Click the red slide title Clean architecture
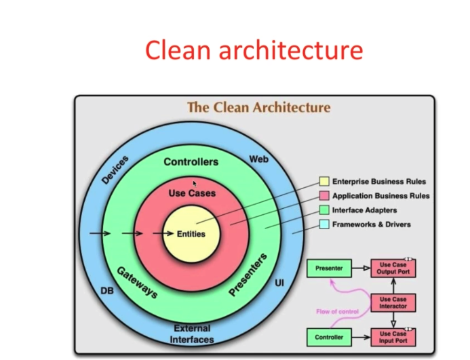click(254, 50)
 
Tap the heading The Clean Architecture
click(258, 107)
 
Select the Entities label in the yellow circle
click(191, 234)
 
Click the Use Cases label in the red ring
click(192, 193)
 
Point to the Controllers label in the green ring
click(191, 162)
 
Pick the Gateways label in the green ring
click(138, 282)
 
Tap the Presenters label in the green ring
click(248, 275)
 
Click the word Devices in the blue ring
click(115, 169)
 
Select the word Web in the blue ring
click(259, 159)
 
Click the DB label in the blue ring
click(107, 290)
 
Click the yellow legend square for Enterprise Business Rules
click(324, 182)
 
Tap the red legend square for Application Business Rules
click(324, 196)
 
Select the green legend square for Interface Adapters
click(324, 210)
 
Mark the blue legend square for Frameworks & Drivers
click(324, 224)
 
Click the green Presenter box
click(330, 268)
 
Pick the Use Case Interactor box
click(393, 302)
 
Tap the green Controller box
click(330, 336)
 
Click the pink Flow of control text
click(337, 312)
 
